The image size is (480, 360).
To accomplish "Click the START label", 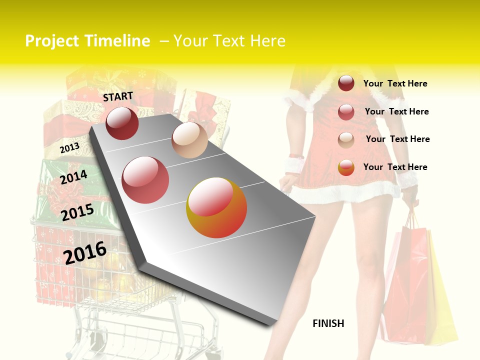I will tap(118, 96).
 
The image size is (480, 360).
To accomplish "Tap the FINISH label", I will tap(328, 323).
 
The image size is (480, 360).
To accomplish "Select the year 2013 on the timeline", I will tap(69, 148).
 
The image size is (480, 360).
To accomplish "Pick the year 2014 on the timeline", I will tap(73, 177).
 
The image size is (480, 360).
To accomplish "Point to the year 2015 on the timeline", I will tap(77, 212).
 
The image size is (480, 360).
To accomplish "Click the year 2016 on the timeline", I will tap(85, 252).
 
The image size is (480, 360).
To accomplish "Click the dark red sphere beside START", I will tap(122, 123).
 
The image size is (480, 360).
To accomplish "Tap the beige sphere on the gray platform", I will tap(189, 139).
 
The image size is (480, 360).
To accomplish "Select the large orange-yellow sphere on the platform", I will tap(216, 207).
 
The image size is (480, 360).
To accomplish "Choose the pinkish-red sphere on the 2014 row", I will tap(145, 180).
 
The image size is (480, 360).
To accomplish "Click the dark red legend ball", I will tap(346, 83).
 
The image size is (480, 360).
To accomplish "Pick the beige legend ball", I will tap(346, 139).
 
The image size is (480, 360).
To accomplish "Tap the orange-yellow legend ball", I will tap(346, 167).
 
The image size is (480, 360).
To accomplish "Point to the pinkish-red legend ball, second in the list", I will tap(346, 111).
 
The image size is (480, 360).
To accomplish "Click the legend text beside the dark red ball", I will tap(395, 83).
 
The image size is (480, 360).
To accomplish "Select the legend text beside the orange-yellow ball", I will tap(395, 167).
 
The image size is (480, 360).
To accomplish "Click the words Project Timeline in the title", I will tap(87, 41).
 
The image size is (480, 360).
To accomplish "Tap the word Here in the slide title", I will tap(267, 41).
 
